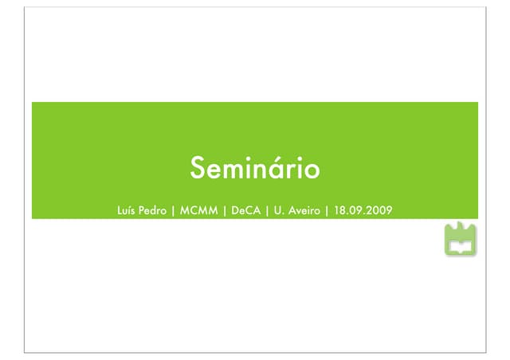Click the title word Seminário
(254, 169)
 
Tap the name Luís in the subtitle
(127, 211)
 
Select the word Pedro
(154, 211)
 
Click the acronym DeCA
(245, 211)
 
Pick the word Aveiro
(303, 211)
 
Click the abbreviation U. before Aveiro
(279, 211)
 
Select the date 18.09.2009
(363, 211)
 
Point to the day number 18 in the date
(340, 211)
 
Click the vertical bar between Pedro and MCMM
(174, 211)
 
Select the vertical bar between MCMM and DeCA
(225, 211)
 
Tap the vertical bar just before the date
(328, 211)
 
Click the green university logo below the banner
(461, 241)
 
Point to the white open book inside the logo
(461, 248)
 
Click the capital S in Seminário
(197, 169)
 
